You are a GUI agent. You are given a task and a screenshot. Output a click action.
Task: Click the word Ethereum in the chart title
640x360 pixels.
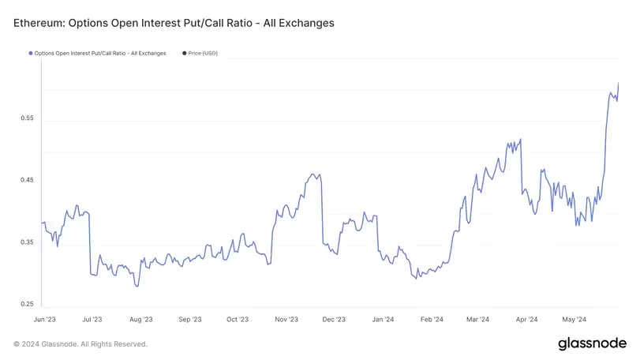coord(39,23)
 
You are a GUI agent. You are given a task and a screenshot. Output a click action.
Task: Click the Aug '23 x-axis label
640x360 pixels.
coord(140,320)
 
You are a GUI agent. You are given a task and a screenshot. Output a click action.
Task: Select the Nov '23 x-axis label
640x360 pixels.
coord(286,320)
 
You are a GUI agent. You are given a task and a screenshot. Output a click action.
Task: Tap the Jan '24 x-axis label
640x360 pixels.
coord(384,320)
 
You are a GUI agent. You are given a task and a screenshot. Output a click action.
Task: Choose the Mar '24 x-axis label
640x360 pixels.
coord(478,320)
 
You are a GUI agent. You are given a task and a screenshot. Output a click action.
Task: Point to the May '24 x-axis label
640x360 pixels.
coord(575,320)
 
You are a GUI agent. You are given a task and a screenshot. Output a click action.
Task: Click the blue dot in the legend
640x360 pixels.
coord(30,53)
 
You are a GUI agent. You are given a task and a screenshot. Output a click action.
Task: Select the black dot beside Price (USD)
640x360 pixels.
coord(184,53)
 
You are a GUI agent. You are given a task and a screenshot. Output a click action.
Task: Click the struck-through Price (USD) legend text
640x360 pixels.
coord(203,53)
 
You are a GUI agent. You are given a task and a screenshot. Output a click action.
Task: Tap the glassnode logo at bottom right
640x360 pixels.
coord(592,343)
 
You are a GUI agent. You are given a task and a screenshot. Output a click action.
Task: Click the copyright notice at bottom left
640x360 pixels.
coord(80,344)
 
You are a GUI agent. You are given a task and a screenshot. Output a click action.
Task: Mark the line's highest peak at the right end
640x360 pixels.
coord(618,82)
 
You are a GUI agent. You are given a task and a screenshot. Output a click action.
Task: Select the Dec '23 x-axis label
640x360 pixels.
coord(335,320)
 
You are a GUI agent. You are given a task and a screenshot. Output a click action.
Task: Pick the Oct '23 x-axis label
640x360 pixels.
coord(238,320)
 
